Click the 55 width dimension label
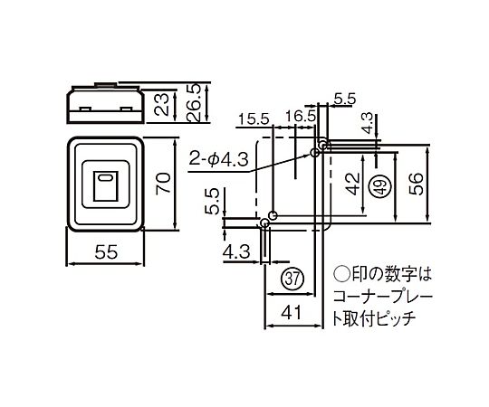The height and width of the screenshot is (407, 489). pyautogui.click(x=106, y=251)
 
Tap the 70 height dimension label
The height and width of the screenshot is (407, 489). pyautogui.click(x=163, y=183)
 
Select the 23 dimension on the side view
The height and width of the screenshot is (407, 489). pyautogui.click(x=162, y=105)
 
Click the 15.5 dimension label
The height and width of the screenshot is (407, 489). pyautogui.click(x=254, y=119)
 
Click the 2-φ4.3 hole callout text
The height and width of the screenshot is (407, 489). pyautogui.click(x=218, y=160)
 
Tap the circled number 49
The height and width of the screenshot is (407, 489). pyautogui.click(x=379, y=186)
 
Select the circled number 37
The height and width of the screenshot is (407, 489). pyautogui.click(x=292, y=279)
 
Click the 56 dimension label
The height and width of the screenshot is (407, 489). pyautogui.click(x=416, y=185)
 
